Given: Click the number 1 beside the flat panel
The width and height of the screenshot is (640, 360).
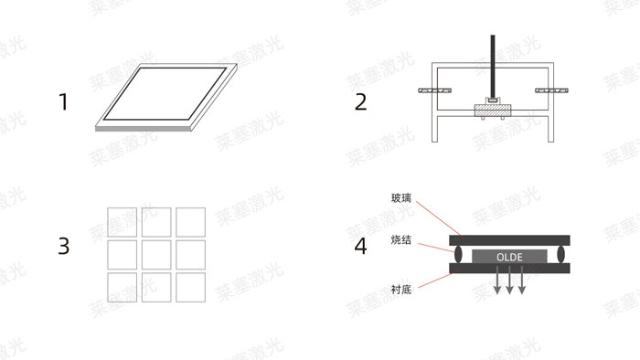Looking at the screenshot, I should (x=63, y=101).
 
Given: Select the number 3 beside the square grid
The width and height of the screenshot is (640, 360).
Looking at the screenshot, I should (x=63, y=246).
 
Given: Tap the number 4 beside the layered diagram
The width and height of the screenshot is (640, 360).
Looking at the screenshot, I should (x=360, y=246).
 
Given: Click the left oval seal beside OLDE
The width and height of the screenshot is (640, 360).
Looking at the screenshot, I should (x=456, y=254).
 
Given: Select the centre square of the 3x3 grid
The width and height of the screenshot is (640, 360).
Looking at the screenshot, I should (x=156, y=255).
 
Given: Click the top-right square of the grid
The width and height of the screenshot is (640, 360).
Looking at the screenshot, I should (x=190, y=222).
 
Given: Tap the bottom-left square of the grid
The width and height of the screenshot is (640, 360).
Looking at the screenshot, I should (x=122, y=288).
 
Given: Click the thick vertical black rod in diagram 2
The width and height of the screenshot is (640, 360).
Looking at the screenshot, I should (x=492, y=64).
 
